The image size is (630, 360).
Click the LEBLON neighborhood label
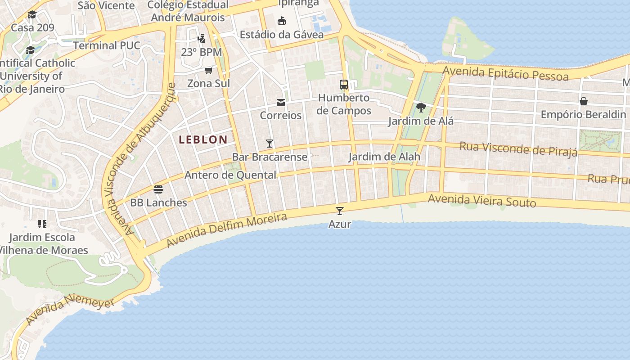click(x=203, y=139)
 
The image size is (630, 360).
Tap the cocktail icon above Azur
click(x=340, y=211)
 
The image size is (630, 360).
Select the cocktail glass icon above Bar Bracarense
click(x=270, y=144)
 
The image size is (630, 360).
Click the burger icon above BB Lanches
click(x=158, y=189)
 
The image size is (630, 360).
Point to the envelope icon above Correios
click(x=281, y=103)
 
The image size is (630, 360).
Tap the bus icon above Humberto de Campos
click(x=344, y=84)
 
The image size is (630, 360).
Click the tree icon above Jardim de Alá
click(x=421, y=108)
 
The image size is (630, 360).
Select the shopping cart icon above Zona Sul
click(x=208, y=70)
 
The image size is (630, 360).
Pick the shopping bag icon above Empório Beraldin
click(x=584, y=101)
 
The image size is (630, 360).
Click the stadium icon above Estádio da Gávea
click(x=282, y=21)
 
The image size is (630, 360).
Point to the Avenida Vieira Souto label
click(x=482, y=200)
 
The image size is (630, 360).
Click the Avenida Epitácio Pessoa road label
click(x=505, y=73)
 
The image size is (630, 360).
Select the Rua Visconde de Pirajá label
click(x=518, y=149)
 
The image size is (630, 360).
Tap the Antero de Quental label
click(x=230, y=175)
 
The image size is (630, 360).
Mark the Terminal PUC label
click(x=107, y=45)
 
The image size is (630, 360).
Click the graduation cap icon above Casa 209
click(x=32, y=15)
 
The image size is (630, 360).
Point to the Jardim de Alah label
click(x=384, y=157)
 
